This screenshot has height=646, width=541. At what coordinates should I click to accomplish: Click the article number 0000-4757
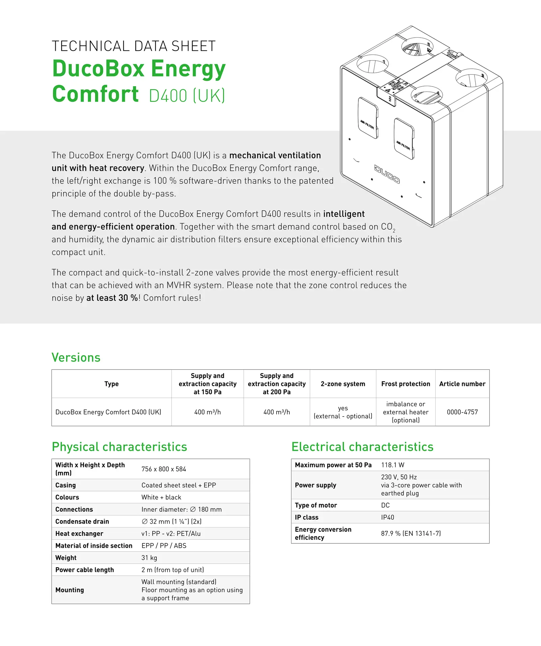(462, 412)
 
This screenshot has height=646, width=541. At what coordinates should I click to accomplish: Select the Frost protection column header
(406, 384)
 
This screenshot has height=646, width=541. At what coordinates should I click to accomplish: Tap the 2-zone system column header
(343, 384)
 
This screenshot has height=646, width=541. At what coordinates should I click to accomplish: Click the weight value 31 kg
(149, 558)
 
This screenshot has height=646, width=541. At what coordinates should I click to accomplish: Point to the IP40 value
(387, 517)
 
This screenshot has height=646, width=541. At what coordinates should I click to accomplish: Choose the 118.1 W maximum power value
(392, 465)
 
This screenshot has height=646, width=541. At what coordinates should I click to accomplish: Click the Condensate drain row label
(82, 521)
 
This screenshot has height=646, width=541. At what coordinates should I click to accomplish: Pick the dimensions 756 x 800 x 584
(164, 469)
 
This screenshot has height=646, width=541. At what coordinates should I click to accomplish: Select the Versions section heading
(76, 357)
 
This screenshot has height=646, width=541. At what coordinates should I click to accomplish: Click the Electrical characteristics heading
(362, 446)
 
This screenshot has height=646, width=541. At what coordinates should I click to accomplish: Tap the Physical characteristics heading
(119, 446)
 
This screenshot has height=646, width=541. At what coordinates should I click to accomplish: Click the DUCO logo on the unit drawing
(387, 174)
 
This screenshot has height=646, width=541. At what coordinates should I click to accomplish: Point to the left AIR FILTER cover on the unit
(368, 118)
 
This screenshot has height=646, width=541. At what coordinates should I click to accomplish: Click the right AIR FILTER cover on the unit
(404, 138)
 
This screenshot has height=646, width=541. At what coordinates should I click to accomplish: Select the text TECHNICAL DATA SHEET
(133, 46)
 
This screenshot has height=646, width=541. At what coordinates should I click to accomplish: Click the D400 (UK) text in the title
(187, 96)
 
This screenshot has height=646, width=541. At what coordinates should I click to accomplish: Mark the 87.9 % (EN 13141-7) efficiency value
(411, 533)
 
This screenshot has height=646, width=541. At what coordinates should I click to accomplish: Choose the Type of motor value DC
(385, 505)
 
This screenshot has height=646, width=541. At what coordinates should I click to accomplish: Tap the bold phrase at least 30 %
(112, 298)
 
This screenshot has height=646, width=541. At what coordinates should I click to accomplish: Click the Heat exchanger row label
(79, 533)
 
